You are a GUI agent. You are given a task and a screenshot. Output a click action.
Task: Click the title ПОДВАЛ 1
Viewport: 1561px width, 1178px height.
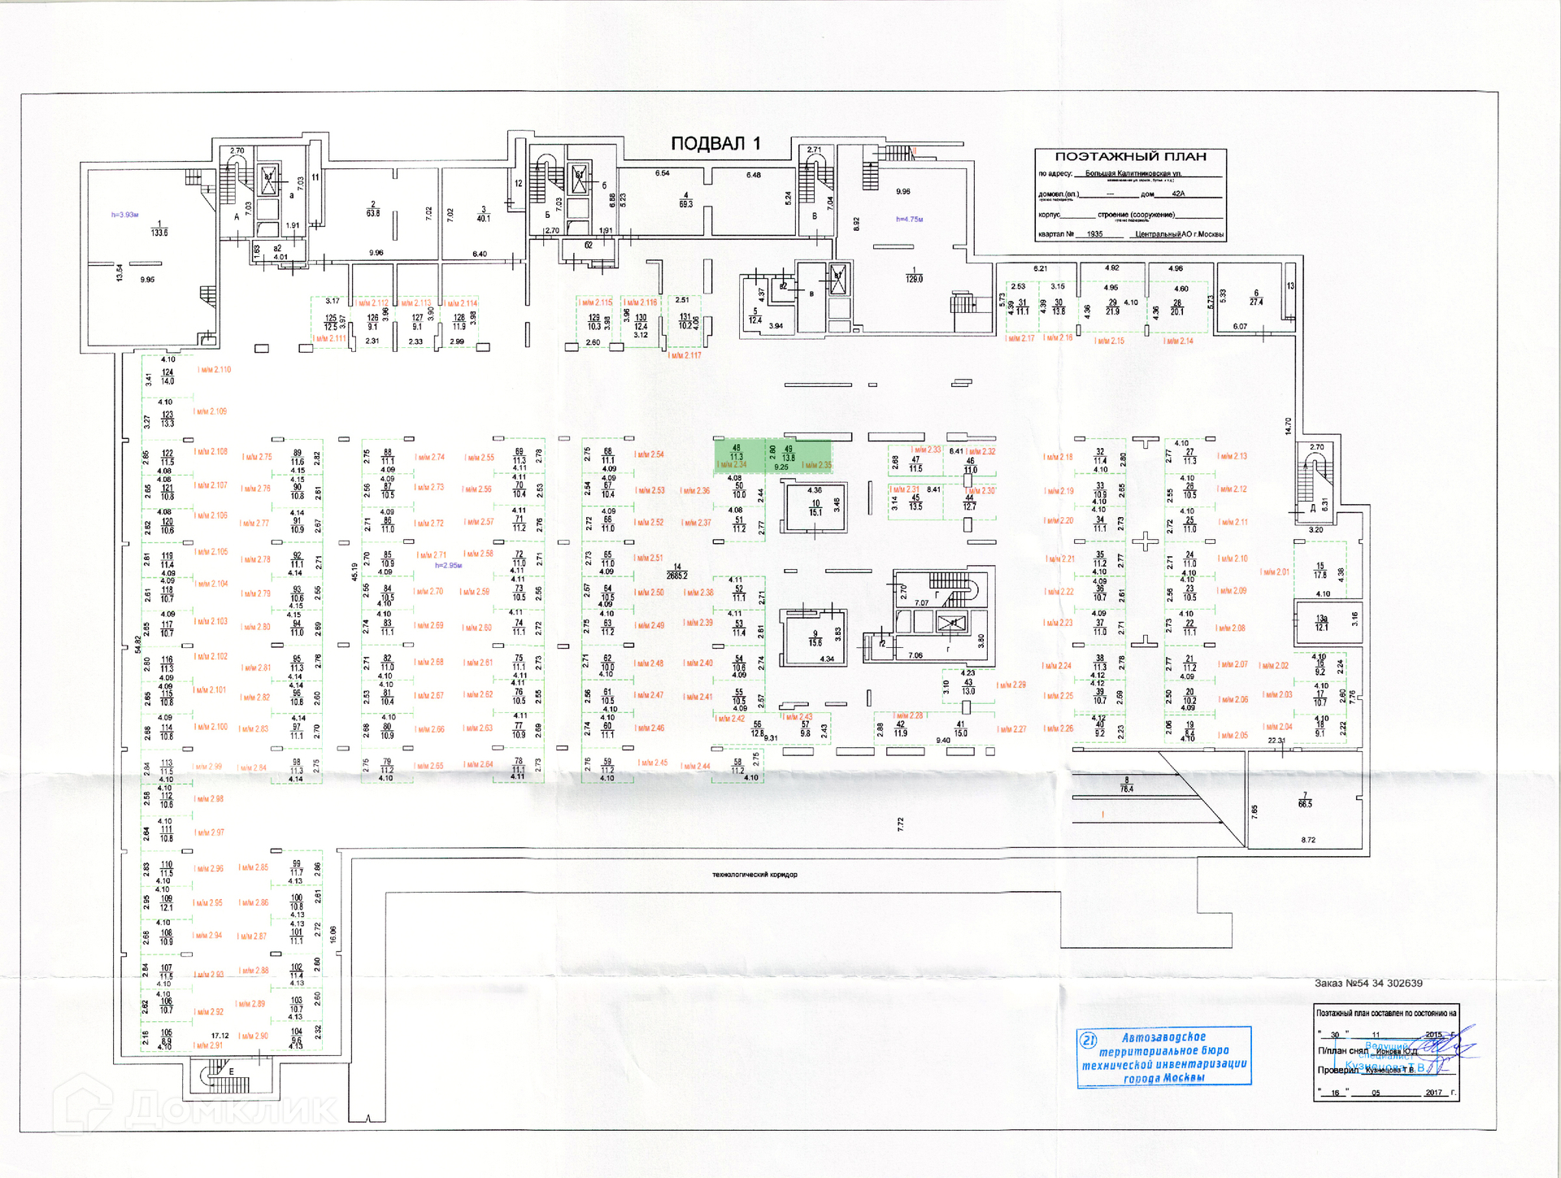pos(715,144)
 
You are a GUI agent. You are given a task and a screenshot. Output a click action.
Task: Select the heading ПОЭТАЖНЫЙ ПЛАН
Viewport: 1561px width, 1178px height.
pos(1130,157)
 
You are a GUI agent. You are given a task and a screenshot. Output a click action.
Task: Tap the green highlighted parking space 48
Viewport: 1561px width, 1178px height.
pos(737,456)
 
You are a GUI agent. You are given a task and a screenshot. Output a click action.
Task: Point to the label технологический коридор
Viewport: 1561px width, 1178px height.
pos(754,875)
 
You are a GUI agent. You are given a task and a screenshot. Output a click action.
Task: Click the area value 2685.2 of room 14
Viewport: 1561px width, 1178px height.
pos(676,576)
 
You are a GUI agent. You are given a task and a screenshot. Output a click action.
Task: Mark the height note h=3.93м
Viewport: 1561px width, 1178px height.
pos(125,215)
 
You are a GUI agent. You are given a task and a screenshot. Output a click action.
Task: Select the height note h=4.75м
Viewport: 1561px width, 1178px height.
pos(909,220)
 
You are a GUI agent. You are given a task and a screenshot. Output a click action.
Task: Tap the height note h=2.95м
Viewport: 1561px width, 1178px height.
pos(448,565)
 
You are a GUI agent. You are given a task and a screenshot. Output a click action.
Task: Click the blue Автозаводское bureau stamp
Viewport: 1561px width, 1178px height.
pos(1163,1056)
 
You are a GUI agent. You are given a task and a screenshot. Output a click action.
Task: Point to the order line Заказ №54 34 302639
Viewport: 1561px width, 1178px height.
pos(1368,984)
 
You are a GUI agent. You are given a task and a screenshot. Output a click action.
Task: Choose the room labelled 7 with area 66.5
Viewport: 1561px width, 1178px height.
pos(1305,801)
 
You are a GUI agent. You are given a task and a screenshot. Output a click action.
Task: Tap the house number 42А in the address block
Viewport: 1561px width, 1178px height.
pos(1178,194)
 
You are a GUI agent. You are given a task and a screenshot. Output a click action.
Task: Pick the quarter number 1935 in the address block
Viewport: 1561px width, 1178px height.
pos(1094,234)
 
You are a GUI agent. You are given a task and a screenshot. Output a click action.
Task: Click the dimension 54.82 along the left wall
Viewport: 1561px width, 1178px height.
pos(137,643)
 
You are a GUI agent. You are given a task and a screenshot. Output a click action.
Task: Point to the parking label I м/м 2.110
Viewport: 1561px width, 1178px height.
pos(215,370)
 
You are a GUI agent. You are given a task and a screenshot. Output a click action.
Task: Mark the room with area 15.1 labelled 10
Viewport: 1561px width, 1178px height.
pos(815,508)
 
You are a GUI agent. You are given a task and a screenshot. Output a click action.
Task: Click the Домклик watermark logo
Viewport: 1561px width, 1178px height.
pos(195,1106)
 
